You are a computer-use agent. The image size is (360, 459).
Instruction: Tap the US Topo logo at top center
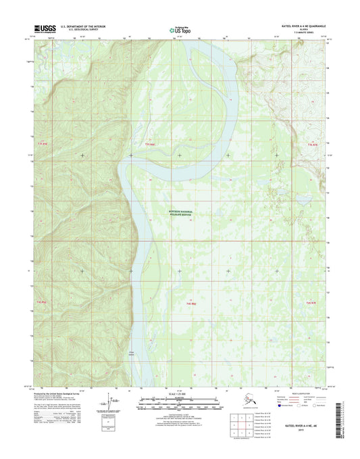(180, 29)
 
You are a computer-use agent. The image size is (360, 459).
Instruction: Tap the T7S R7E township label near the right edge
(311, 145)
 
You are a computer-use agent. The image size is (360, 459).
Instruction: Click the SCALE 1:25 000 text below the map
(180, 396)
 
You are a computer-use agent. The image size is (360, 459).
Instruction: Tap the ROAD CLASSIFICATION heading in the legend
(296, 396)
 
